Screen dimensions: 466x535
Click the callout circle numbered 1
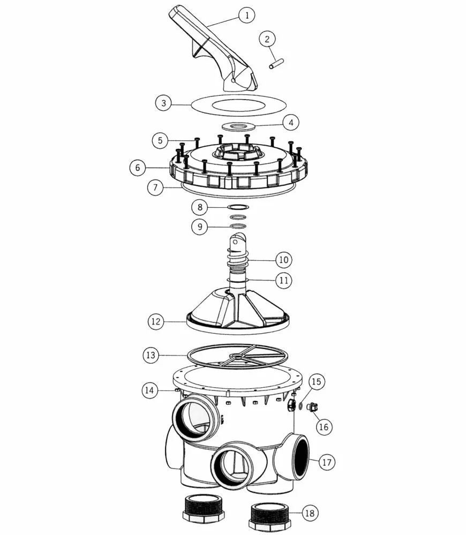pyautogui.click(x=246, y=15)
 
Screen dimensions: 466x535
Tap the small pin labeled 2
pyautogui.click(x=276, y=64)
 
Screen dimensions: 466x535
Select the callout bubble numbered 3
pyautogui.click(x=164, y=103)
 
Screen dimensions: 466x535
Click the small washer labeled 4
pyautogui.click(x=238, y=126)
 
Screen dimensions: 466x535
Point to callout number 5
pyautogui.click(x=160, y=140)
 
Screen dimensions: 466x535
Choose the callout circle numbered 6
pyautogui.click(x=138, y=168)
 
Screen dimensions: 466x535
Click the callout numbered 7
pyautogui.click(x=155, y=187)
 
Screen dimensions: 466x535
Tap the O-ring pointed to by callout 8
pyautogui.click(x=238, y=207)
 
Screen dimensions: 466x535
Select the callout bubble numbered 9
pyautogui.click(x=200, y=227)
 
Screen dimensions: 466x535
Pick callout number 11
pyautogui.click(x=284, y=281)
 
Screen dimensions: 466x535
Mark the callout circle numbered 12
pyautogui.click(x=156, y=321)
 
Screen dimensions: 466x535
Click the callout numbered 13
pyautogui.click(x=151, y=355)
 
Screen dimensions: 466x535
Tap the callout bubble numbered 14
pyautogui.click(x=150, y=390)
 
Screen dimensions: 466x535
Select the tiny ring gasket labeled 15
pyautogui.click(x=300, y=406)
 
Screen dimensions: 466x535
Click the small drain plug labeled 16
pyautogui.click(x=312, y=407)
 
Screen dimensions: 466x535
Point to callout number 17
pyautogui.click(x=327, y=462)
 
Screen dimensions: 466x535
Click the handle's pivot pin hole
pyautogui.click(x=233, y=81)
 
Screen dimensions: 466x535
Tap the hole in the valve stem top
pyautogui.click(x=235, y=242)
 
